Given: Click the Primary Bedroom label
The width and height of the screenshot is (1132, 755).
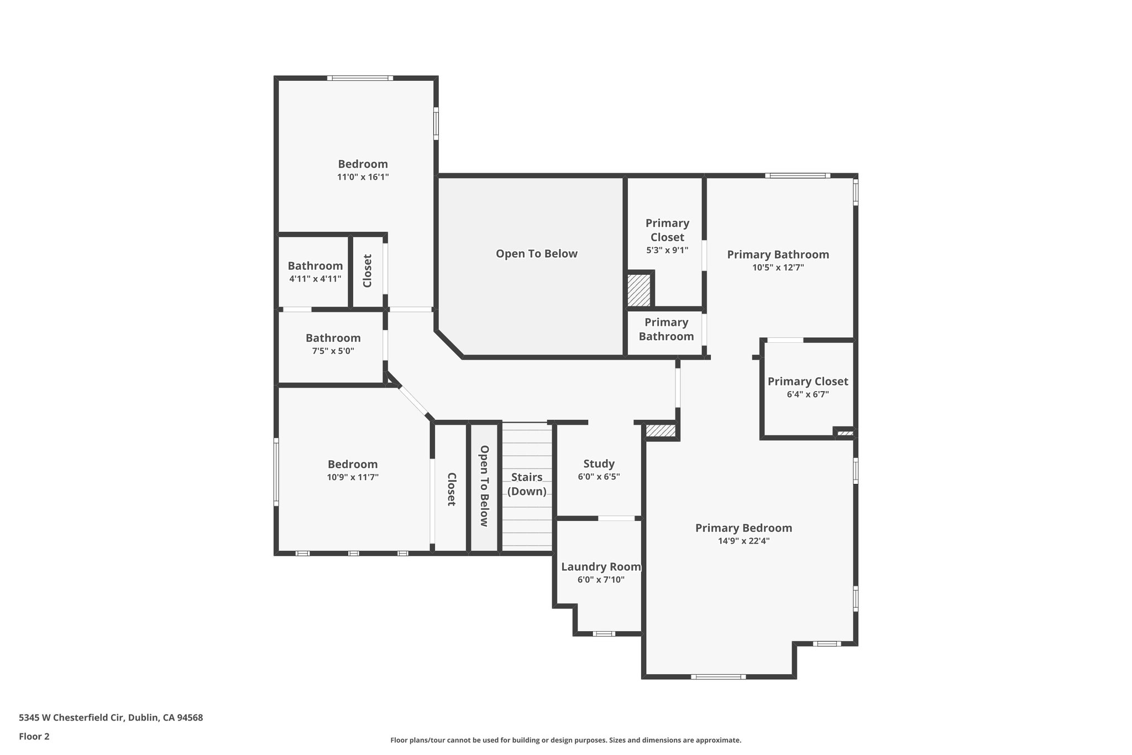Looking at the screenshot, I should tap(743, 528).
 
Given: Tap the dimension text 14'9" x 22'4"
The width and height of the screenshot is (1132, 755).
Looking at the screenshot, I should tap(743, 541).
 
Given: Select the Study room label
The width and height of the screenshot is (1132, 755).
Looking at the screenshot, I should tap(599, 464).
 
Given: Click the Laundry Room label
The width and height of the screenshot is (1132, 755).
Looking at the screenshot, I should tap(601, 566).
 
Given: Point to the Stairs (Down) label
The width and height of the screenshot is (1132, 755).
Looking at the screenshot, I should tap(527, 484).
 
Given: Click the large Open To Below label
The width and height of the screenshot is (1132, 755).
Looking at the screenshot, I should tap(536, 253).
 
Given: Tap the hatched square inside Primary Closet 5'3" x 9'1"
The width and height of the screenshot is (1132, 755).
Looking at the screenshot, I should tap(639, 290).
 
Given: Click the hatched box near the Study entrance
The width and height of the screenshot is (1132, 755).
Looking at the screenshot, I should tap(661, 430).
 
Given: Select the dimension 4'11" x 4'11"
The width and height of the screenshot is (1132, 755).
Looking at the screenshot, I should tap(315, 279).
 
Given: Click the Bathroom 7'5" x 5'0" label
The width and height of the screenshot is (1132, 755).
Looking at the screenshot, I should tap(333, 338).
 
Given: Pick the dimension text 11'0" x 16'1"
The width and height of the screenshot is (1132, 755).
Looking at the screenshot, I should tap(363, 177).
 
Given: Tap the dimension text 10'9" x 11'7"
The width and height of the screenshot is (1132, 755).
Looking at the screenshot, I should tap(353, 477).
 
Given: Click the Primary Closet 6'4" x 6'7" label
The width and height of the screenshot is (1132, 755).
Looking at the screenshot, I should tap(808, 381).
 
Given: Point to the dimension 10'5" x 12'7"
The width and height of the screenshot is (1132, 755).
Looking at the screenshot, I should tap(778, 267).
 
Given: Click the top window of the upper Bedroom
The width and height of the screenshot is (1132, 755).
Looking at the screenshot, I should tap(360, 78).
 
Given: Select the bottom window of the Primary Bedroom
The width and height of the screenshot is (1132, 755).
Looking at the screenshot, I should tap(718, 676).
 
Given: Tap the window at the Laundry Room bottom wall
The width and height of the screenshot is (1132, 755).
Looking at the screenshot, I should tap(604, 633).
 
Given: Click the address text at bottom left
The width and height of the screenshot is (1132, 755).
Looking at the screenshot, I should tap(111, 717).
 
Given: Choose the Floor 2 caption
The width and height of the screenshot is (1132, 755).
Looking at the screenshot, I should tap(34, 736).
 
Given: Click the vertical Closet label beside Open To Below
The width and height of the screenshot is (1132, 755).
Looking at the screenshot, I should tap(451, 489).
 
